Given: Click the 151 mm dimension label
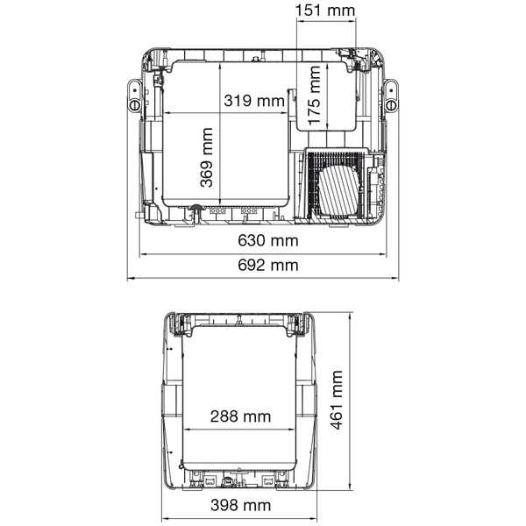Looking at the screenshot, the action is click(x=324, y=11).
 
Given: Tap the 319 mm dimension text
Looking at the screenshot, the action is click(x=254, y=101).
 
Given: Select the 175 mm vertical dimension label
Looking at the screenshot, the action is click(x=314, y=96).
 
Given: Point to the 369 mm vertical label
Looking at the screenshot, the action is click(x=206, y=157).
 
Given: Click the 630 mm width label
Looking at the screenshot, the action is click(x=268, y=240).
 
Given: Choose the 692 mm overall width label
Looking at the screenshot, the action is click(x=268, y=265).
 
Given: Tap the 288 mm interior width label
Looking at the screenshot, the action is click(x=240, y=416).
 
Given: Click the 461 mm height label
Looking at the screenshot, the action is click(x=337, y=400).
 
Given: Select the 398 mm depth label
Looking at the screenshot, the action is click(x=240, y=505).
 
